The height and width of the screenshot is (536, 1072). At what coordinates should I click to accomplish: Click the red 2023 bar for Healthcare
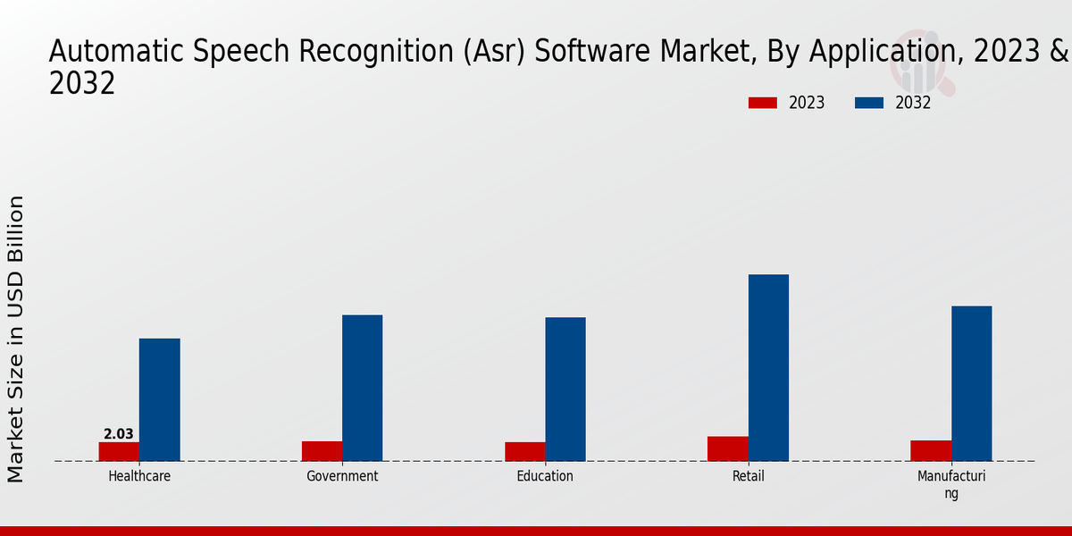click(119, 451)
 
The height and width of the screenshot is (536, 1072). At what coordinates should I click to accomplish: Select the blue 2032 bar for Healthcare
click(159, 399)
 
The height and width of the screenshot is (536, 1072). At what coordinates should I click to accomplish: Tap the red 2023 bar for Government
click(322, 451)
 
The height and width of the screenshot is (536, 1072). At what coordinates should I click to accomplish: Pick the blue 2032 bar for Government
click(362, 388)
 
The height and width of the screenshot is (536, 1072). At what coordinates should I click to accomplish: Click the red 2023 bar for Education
click(524, 451)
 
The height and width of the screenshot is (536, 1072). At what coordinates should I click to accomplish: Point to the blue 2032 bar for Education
click(565, 389)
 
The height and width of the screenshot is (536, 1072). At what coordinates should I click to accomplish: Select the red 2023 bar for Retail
click(727, 448)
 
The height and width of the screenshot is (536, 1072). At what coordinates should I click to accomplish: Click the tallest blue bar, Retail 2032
click(768, 367)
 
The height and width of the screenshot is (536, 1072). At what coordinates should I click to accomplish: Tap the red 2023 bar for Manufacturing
click(931, 450)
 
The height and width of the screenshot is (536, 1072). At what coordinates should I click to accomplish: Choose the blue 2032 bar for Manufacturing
click(971, 383)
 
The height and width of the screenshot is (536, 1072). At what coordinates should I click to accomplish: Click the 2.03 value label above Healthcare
click(119, 434)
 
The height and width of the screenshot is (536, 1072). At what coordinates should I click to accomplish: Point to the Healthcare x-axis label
click(139, 476)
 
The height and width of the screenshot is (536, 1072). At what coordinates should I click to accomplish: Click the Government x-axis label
click(342, 476)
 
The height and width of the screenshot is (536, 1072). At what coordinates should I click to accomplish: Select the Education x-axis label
click(545, 476)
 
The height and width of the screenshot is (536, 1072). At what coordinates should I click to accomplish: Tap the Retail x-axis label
click(749, 476)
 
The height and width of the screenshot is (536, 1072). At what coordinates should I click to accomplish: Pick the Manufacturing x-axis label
click(951, 484)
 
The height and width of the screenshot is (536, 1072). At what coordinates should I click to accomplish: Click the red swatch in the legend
click(763, 103)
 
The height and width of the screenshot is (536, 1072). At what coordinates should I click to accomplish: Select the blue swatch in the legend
click(868, 103)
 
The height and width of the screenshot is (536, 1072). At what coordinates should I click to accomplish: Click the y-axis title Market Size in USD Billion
click(16, 339)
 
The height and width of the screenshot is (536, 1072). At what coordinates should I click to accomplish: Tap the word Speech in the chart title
click(228, 52)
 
